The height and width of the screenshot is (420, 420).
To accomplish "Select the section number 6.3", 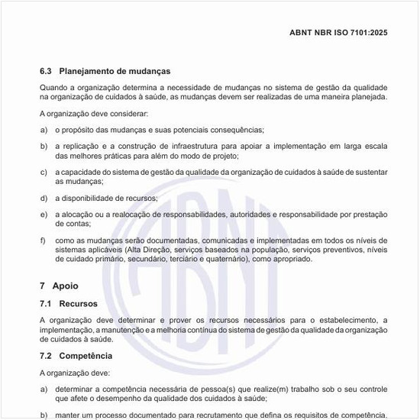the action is tap(45, 71).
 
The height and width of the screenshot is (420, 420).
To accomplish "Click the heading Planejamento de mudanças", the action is tap(115, 71).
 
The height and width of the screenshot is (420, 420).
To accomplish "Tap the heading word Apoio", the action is tap(65, 286).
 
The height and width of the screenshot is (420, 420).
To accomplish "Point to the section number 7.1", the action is tap(45, 303).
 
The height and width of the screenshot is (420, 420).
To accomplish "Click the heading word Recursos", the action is tap(79, 303).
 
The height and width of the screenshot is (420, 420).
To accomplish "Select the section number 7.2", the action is tap(45, 356).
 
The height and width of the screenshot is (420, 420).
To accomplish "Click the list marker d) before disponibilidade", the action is tap(44, 199).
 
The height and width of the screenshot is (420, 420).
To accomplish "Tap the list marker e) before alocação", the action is tap(44, 215).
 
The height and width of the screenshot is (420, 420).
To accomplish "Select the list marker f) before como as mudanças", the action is tap(44, 241).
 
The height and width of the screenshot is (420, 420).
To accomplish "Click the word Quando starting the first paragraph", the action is tap(53, 87).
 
